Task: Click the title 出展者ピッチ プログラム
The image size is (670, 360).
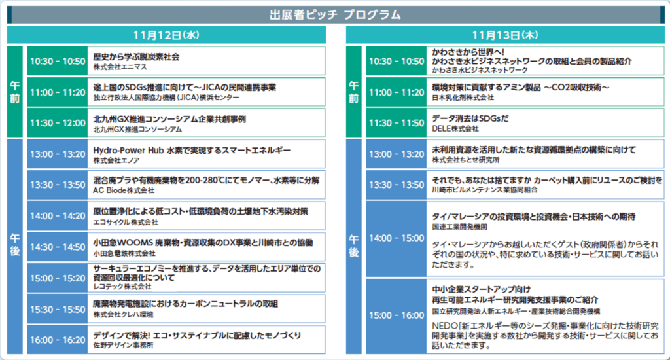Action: click(335, 14)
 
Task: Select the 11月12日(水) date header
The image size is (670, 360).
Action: click(166, 35)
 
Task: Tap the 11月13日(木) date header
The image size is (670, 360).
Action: click(505, 35)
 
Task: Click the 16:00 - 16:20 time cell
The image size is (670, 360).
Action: click(58, 340)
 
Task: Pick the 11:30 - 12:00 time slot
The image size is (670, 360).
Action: click(58, 122)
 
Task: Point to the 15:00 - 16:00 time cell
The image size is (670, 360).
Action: click(397, 315)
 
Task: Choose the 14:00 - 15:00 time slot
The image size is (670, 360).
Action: click(397, 238)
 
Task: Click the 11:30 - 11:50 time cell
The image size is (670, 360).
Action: click(397, 122)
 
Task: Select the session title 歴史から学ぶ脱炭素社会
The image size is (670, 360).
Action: click(136, 56)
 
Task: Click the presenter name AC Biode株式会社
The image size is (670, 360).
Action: click(124, 190)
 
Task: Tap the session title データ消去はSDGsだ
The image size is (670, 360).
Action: click(470, 118)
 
